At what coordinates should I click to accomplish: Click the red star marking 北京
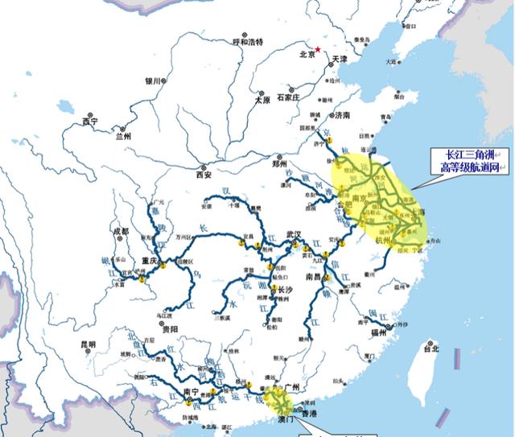[x=319, y=50]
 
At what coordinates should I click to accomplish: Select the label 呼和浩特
[x=247, y=41]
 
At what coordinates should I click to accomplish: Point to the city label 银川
[x=153, y=81]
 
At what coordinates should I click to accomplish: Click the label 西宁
[x=89, y=122]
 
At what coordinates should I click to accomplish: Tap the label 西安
[x=202, y=174]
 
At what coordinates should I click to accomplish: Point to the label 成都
[x=121, y=231]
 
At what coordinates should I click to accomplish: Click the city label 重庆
[x=146, y=261]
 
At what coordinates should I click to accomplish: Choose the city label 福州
[x=378, y=331]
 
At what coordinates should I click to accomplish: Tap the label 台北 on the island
[x=431, y=348]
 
